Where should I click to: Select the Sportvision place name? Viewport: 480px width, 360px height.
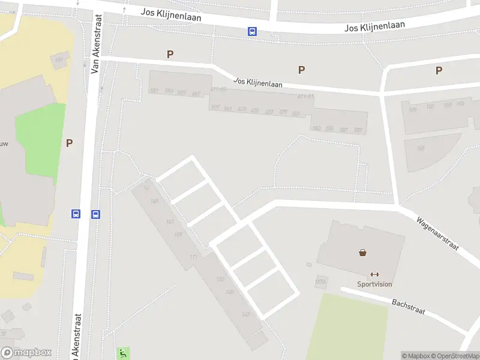[374, 284]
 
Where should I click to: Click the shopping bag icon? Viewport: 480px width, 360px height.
[362, 253]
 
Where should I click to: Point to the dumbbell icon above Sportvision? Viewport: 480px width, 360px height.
[375, 274]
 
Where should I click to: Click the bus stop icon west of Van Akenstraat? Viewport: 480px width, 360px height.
[76, 214]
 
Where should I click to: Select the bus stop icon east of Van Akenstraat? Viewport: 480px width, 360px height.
[95, 214]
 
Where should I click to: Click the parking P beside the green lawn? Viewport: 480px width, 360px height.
[69, 143]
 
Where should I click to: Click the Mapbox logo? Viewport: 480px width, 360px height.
[26, 353]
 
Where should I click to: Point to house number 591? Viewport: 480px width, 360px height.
[154, 91]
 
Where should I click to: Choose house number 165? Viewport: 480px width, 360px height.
[154, 202]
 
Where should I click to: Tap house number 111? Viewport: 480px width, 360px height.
[193, 257]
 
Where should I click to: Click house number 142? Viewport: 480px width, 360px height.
[245, 314]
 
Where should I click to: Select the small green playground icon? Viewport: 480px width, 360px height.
[123, 353]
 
